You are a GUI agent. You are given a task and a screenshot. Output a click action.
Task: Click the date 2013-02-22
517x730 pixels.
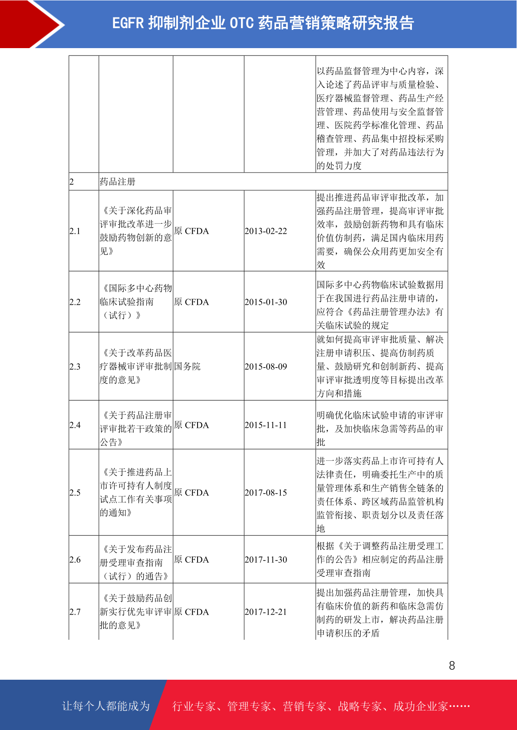point(266,231)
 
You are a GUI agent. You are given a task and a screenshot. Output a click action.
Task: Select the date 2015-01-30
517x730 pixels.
point(266,302)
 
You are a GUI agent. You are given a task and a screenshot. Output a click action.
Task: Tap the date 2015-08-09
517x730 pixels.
point(266,367)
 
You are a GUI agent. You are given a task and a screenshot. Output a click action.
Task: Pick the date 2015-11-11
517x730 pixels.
point(266,425)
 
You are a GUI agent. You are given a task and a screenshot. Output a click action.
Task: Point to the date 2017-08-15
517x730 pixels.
point(266,493)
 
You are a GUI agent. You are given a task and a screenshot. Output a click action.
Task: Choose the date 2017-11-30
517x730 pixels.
point(266,560)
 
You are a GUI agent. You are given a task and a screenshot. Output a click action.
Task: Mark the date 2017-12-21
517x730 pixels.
point(266,612)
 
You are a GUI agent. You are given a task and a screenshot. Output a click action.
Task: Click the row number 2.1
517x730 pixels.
point(75,231)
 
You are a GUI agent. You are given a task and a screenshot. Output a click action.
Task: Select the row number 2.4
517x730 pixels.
point(75,425)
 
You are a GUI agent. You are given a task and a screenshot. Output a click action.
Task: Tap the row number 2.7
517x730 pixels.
point(75,612)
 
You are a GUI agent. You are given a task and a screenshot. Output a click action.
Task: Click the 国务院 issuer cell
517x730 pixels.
point(188,367)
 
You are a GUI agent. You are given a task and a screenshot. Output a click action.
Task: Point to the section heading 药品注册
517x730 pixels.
point(118,182)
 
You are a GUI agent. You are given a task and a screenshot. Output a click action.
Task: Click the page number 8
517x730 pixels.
point(452,666)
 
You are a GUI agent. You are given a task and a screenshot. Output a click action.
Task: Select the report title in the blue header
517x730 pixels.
point(263,23)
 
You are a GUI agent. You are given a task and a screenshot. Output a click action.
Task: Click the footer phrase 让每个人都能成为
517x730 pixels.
point(106,706)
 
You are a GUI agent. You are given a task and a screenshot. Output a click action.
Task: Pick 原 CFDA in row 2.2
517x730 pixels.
point(191,302)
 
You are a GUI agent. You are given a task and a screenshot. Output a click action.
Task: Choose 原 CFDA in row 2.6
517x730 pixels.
point(191,560)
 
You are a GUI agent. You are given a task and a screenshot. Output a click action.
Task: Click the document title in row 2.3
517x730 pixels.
point(136,367)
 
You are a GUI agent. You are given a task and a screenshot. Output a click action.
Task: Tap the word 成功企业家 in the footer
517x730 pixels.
point(420,707)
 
